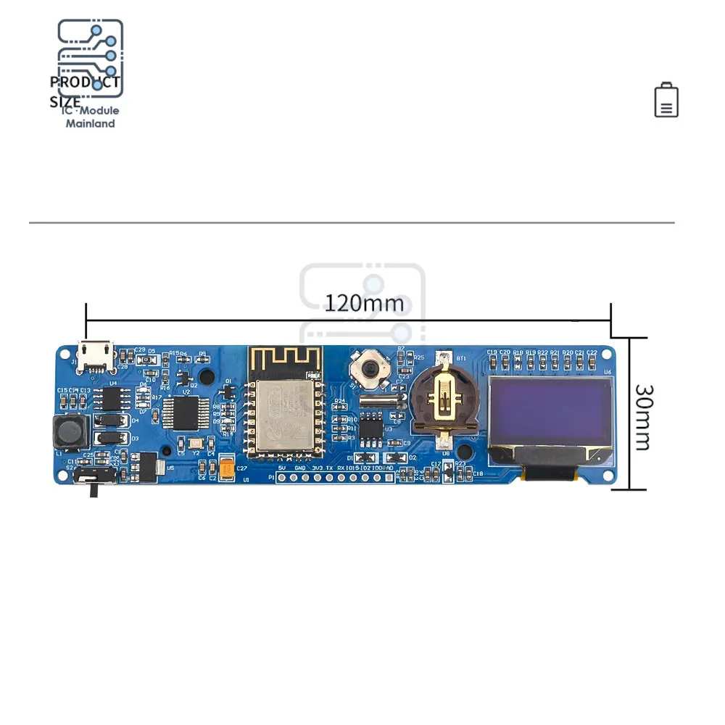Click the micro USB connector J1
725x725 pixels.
(96, 355)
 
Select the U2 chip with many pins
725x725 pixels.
(186, 413)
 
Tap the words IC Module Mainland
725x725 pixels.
(91, 117)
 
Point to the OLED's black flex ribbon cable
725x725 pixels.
(550, 473)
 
